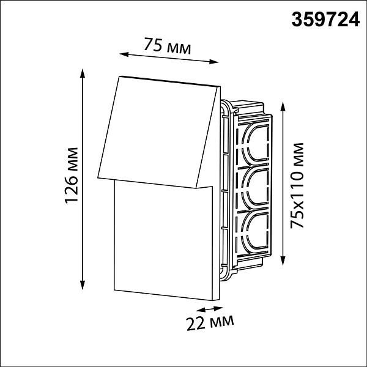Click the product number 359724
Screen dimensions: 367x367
(325, 20)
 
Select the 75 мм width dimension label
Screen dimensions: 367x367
(168, 46)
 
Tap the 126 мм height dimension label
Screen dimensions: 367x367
(72, 176)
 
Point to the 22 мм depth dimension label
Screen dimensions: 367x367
(210, 323)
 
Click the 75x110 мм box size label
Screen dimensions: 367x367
(297, 185)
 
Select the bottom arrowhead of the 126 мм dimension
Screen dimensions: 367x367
(82, 285)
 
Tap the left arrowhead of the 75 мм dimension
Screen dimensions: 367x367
(124, 54)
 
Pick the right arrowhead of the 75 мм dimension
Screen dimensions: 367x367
(214, 62)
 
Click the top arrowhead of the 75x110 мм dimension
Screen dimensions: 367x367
(283, 106)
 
